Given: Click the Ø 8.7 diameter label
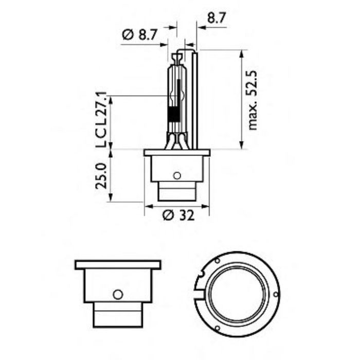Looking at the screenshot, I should coord(139,34).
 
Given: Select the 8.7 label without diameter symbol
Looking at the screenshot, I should coord(216,19).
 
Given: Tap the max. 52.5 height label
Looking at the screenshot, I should coord(251,100).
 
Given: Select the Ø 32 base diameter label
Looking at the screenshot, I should coord(178,216).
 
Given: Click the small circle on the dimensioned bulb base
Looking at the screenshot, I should coord(177,176).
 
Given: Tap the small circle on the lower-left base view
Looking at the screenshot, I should coord(118,294).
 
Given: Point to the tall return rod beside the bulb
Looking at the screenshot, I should coord(195,98).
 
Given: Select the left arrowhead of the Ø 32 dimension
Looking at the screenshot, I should coord(148,207).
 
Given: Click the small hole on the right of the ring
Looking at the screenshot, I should coord(276,294).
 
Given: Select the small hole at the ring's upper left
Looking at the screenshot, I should coord(218,262).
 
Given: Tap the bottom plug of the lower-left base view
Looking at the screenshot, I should coord(117,315).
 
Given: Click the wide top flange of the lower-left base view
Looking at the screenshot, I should coord(118,265).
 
